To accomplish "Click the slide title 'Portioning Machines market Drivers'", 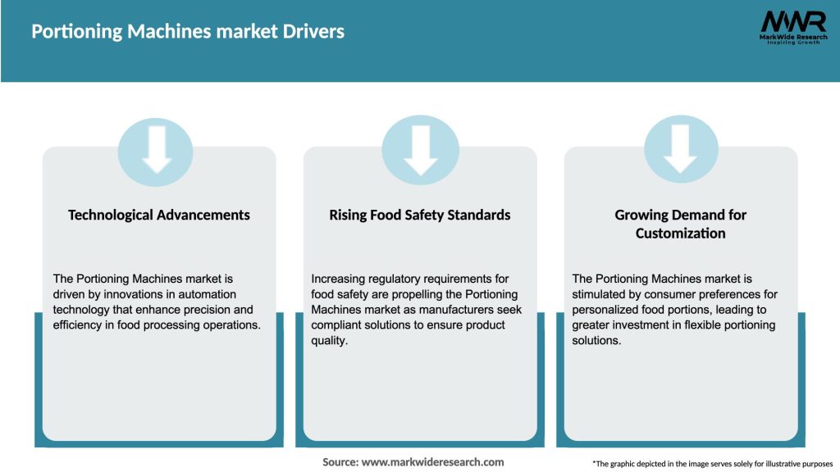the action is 188,32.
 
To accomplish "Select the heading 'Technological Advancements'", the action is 159,215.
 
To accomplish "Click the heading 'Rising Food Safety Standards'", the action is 420,215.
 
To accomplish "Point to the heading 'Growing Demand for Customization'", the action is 681,224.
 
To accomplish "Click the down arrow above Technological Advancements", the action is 156,150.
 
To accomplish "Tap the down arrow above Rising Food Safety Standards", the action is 420,150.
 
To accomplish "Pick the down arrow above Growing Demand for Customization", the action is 680,150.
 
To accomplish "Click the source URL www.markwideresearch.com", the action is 433,462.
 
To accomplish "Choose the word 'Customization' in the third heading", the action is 680,234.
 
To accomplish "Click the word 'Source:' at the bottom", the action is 340,462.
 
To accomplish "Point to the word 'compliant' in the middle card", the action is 336,325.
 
